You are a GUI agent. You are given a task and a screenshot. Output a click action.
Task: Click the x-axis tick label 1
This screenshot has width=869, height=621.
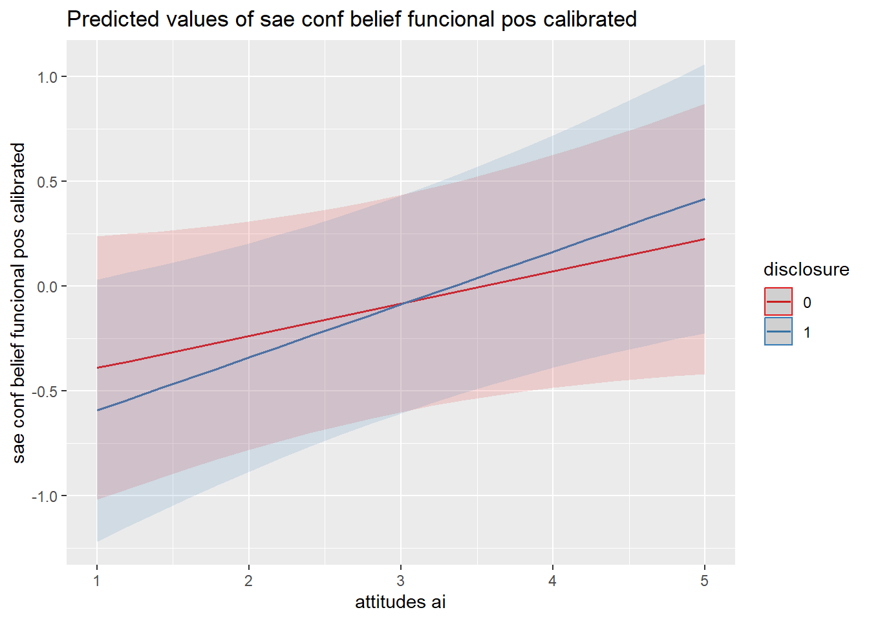97,581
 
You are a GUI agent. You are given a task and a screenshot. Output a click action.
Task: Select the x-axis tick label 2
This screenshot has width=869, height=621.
249,581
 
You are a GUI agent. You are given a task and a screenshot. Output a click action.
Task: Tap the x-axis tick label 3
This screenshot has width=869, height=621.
401,581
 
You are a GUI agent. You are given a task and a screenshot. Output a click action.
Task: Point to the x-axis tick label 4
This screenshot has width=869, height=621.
552,581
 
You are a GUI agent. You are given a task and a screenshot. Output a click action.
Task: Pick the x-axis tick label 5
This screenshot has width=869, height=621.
704,581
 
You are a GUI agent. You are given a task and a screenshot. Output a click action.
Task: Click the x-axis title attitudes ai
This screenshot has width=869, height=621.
400,602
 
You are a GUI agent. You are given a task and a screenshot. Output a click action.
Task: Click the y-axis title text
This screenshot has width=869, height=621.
19,303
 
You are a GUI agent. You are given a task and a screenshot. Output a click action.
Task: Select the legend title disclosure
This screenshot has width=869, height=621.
806,269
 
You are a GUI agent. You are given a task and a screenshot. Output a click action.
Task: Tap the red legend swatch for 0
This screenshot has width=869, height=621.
778,302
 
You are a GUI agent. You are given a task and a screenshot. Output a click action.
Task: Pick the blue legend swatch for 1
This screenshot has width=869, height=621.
778,332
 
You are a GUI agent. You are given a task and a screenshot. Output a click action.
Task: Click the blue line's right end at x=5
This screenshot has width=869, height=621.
704,199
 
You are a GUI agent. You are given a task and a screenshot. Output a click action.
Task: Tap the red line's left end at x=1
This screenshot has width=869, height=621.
97,368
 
